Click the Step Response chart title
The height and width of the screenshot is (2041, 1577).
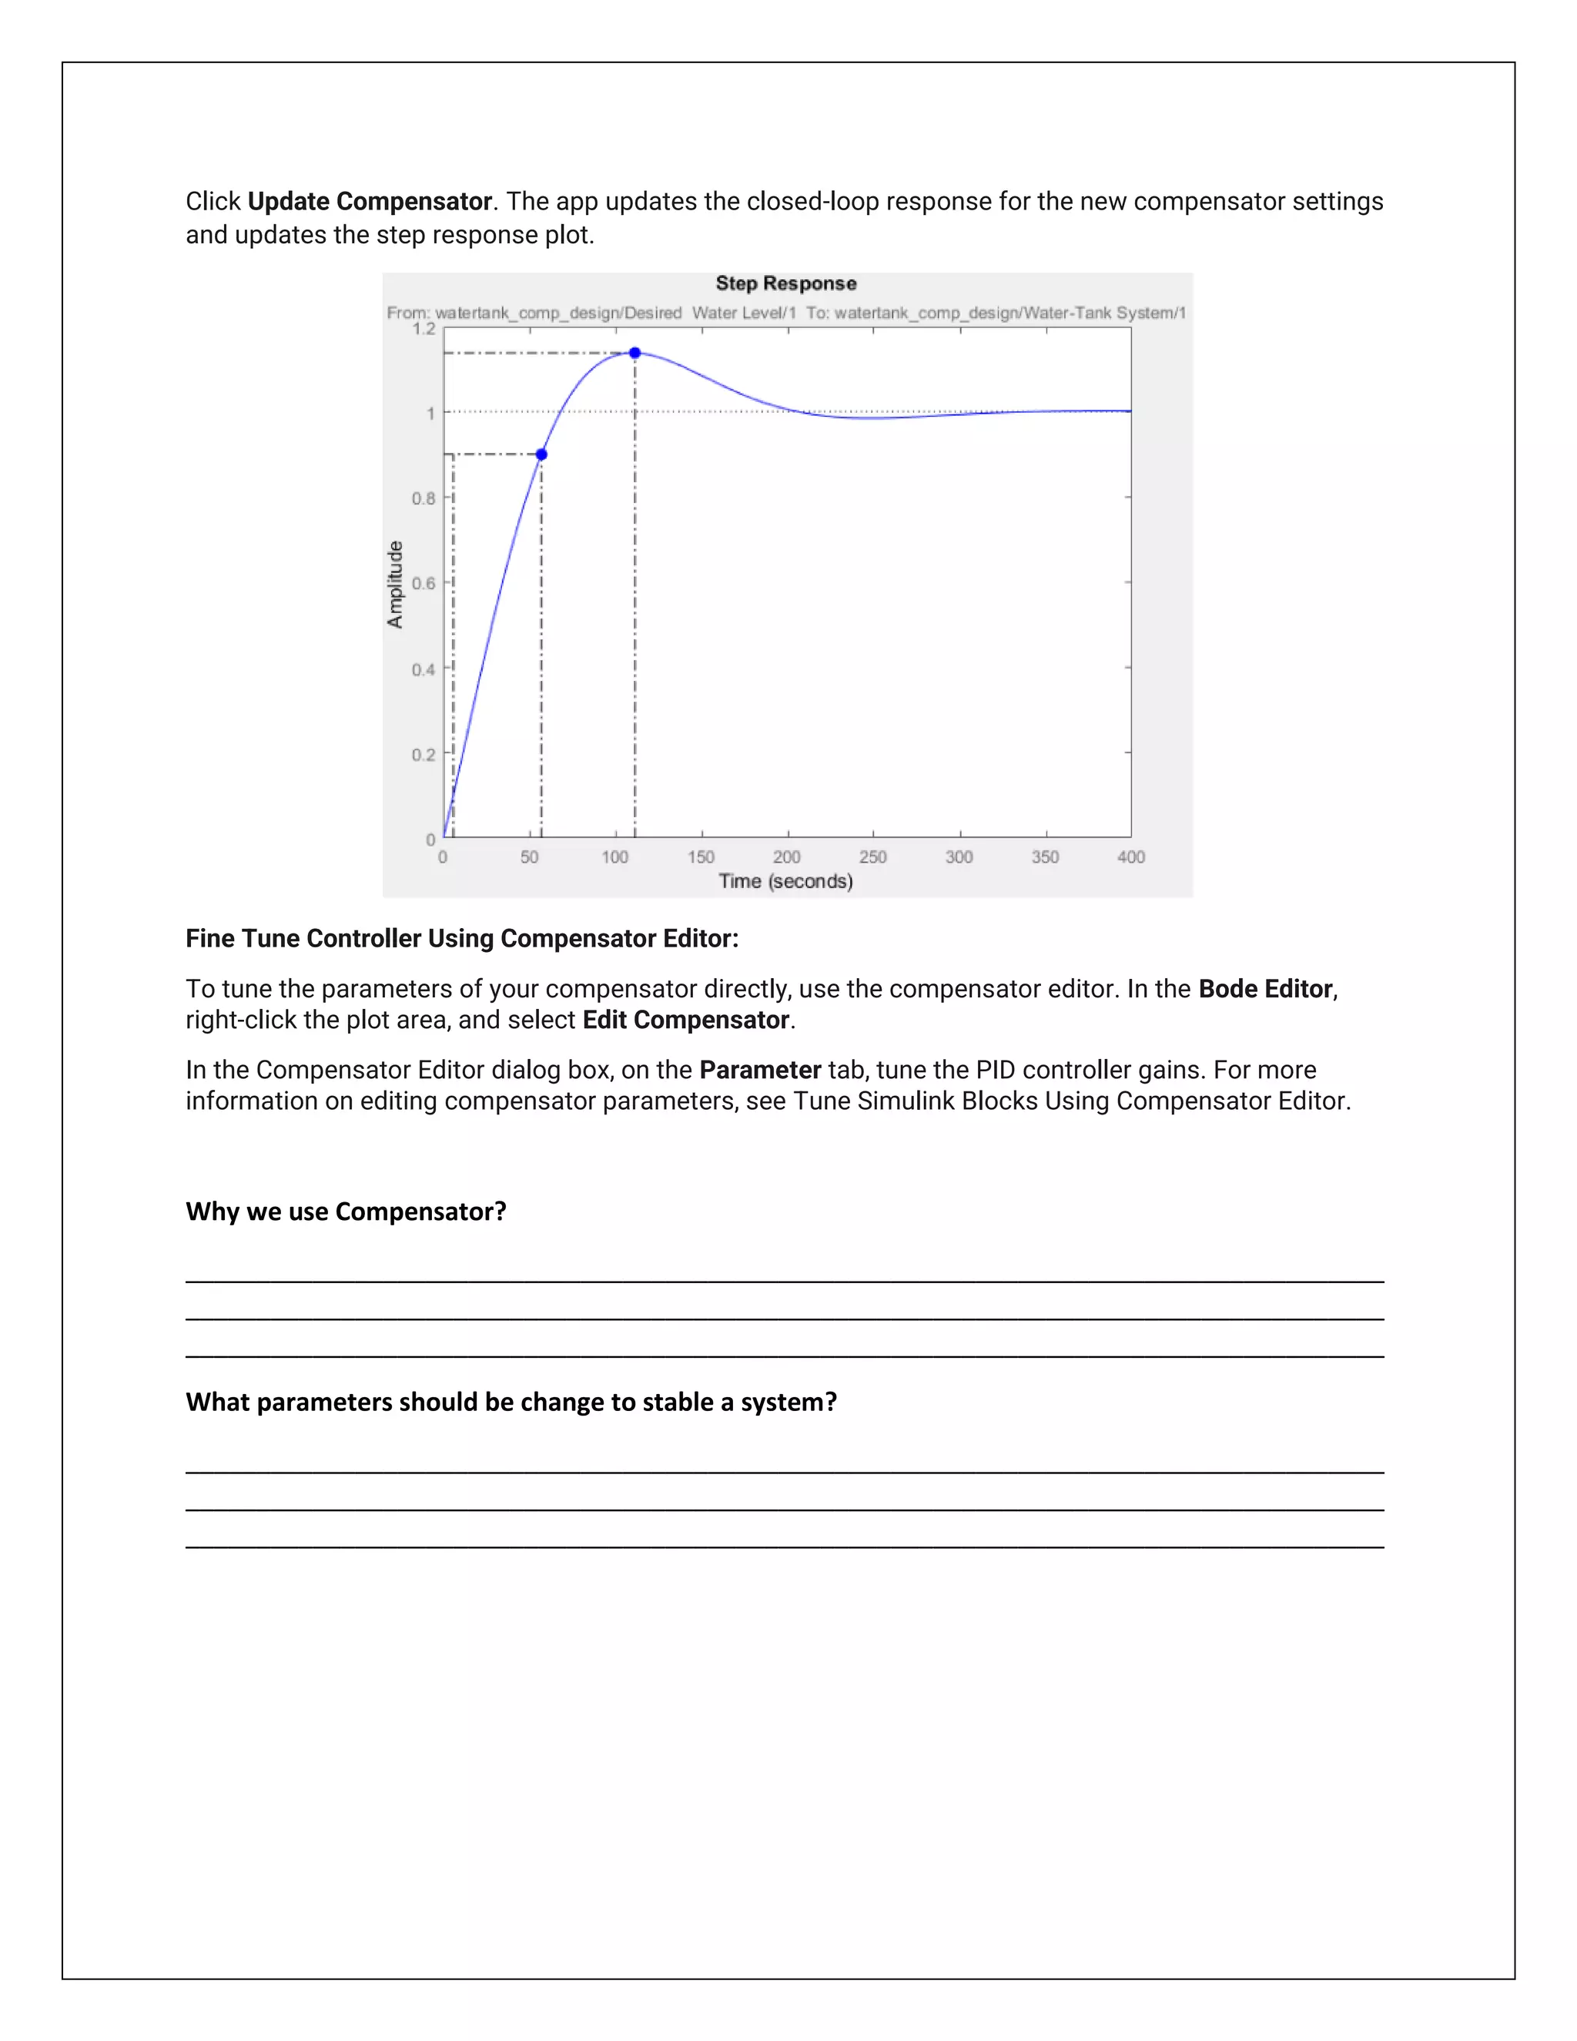point(785,283)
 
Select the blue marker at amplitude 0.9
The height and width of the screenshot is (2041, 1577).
point(541,454)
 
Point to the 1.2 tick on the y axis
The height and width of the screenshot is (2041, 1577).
point(424,329)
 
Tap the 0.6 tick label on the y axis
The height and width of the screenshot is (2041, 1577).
point(424,584)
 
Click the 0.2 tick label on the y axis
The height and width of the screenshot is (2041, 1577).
point(424,755)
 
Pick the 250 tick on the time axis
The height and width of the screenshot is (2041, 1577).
point(872,857)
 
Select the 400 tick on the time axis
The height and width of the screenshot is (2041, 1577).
point(1130,857)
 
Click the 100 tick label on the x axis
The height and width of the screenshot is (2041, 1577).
point(614,857)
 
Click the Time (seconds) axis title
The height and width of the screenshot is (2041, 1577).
point(785,881)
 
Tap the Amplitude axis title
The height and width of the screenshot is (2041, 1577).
point(395,584)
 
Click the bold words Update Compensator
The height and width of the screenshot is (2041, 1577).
point(369,202)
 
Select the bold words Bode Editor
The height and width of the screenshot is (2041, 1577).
point(1265,989)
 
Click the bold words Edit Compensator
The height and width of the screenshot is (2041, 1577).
point(686,1020)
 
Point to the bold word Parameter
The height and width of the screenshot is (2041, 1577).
point(759,1070)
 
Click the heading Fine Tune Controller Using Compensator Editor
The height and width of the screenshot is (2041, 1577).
point(461,938)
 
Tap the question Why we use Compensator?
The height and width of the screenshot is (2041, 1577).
point(346,1212)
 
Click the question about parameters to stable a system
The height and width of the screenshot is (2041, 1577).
point(511,1402)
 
